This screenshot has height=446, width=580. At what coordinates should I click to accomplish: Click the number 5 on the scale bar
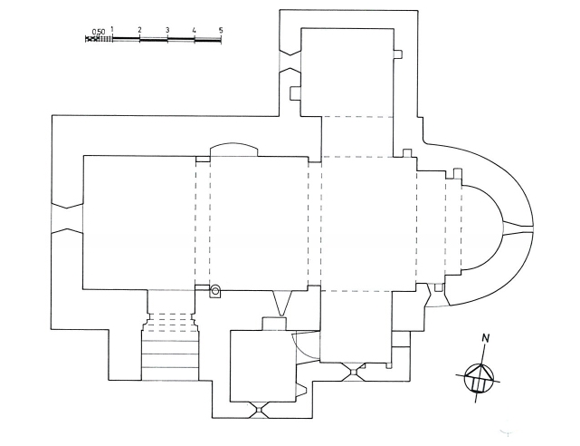tap(221, 30)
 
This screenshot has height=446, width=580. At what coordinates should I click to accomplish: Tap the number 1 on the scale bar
tap(112, 30)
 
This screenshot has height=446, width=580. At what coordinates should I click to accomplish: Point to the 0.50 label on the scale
tap(99, 32)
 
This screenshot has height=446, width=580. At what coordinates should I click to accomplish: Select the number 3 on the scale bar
tap(167, 30)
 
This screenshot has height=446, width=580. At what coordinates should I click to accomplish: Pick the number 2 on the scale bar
tap(139, 30)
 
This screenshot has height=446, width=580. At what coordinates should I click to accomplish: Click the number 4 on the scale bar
tap(194, 30)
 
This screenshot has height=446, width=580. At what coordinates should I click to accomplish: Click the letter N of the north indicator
tap(486, 338)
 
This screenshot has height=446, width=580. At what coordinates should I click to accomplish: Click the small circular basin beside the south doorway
tap(214, 290)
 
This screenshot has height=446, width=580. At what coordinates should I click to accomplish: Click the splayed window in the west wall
tap(67, 218)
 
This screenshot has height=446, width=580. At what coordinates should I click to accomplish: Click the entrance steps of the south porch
tap(170, 354)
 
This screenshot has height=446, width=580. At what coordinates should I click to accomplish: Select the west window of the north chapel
tap(290, 62)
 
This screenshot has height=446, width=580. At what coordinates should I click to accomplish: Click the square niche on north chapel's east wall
tap(397, 54)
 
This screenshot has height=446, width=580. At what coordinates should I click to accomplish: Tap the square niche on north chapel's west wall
tap(296, 93)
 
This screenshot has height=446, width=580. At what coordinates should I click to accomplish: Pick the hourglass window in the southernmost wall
tap(260, 410)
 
